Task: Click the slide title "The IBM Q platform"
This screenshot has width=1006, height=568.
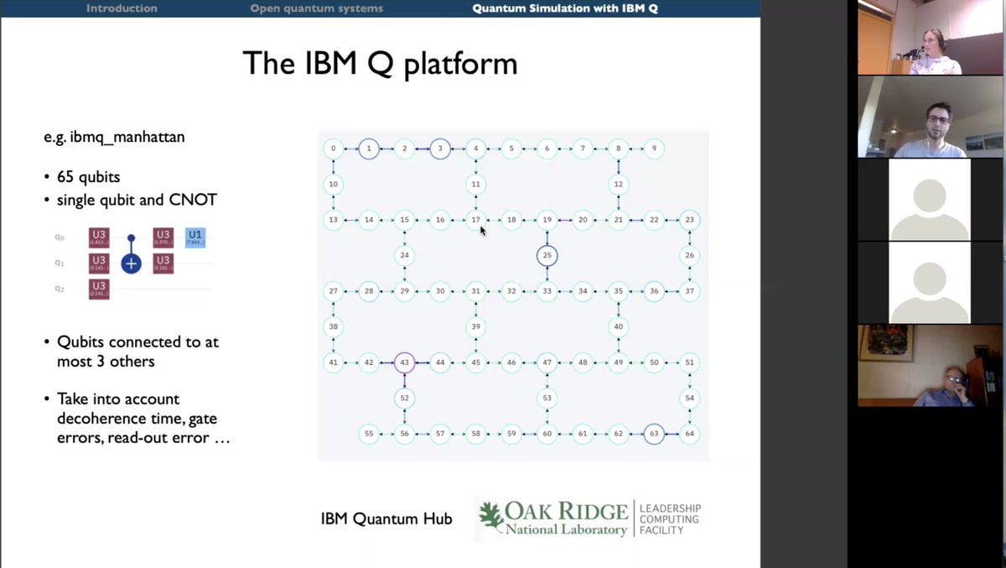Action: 379,64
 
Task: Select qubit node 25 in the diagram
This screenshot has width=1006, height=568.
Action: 547,255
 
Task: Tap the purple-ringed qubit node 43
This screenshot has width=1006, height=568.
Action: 404,362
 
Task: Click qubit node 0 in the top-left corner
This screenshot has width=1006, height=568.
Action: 334,149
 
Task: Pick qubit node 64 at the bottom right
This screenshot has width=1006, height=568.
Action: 689,434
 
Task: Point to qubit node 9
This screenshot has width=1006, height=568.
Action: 654,149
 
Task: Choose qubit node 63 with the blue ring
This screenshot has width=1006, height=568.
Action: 654,434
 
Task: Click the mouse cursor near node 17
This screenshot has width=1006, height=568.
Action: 483,230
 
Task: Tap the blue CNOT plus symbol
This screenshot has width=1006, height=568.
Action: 131,263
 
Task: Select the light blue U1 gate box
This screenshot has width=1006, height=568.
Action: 194,238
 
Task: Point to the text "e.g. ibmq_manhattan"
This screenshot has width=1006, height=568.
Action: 114,137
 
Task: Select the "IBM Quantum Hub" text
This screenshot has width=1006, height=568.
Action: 386,519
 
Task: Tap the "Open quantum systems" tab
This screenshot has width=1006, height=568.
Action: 316,8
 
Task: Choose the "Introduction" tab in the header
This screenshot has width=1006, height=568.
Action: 122,8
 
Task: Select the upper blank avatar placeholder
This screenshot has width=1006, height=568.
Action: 929,201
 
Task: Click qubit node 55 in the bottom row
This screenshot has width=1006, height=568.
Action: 369,434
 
